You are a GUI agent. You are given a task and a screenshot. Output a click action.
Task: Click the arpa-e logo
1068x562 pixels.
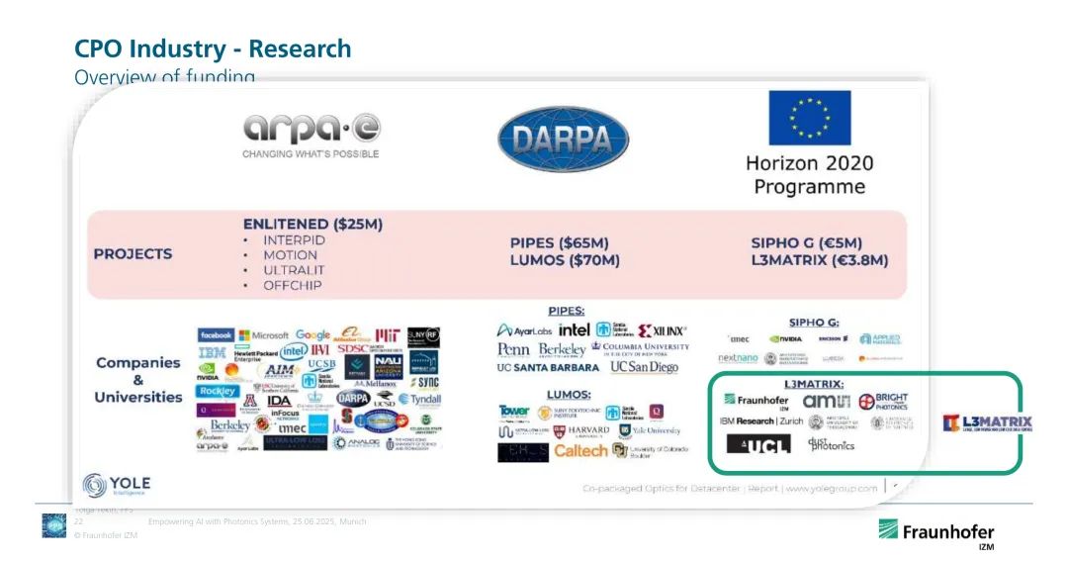point(311,133)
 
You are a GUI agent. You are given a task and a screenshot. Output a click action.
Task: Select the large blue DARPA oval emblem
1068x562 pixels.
point(563,139)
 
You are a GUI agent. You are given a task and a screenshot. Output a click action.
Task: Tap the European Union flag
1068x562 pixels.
point(809,118)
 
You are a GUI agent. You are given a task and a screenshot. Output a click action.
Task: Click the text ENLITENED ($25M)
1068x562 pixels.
point(312,225)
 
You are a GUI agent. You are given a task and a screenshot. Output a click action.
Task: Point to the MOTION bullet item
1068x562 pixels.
point(290,255)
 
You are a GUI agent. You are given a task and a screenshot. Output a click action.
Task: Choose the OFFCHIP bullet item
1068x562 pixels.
point(294,285)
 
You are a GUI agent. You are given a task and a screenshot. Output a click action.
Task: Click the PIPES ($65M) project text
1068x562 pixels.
point(559,242)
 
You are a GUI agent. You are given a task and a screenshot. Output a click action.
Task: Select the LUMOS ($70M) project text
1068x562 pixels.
point(564,260)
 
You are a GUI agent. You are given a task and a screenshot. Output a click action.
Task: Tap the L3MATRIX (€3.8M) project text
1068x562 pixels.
point(820,260)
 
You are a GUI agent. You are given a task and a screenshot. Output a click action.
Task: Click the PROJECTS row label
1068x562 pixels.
point(133,253)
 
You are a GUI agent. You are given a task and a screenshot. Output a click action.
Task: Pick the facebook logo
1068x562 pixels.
point(216,335)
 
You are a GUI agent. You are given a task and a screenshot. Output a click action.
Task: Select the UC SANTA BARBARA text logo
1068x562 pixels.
point(548,368)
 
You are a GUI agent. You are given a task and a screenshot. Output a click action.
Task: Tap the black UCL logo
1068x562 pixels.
point(758,445)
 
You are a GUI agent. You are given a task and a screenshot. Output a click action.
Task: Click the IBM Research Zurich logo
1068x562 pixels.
point(762,421)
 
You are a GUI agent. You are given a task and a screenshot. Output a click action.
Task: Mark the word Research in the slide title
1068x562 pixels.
point(299,48)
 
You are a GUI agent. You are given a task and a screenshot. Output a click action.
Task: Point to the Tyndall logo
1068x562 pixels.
point(419,399)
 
